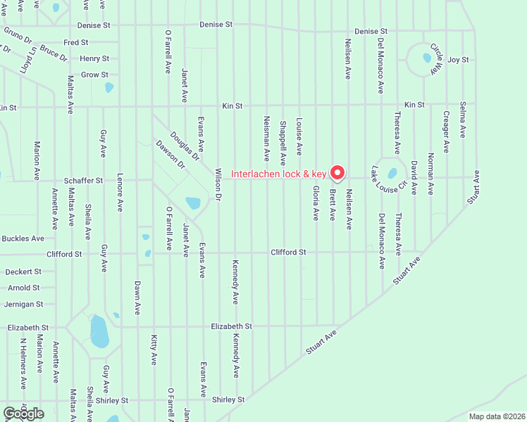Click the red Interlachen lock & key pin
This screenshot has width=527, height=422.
337,172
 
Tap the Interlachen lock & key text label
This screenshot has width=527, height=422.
279,174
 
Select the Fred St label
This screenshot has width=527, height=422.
75,43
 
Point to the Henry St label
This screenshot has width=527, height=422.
94,59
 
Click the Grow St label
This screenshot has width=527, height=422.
94,75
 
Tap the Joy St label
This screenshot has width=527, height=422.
458,60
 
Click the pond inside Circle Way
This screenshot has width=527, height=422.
427,58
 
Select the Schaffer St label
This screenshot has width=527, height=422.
82,181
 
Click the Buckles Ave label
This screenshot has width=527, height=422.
23,238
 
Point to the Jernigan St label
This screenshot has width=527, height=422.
23,305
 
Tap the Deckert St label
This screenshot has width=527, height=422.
24,271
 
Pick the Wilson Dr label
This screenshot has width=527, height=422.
218,185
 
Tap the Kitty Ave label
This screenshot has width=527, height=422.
154,350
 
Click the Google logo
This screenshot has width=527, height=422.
23,414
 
